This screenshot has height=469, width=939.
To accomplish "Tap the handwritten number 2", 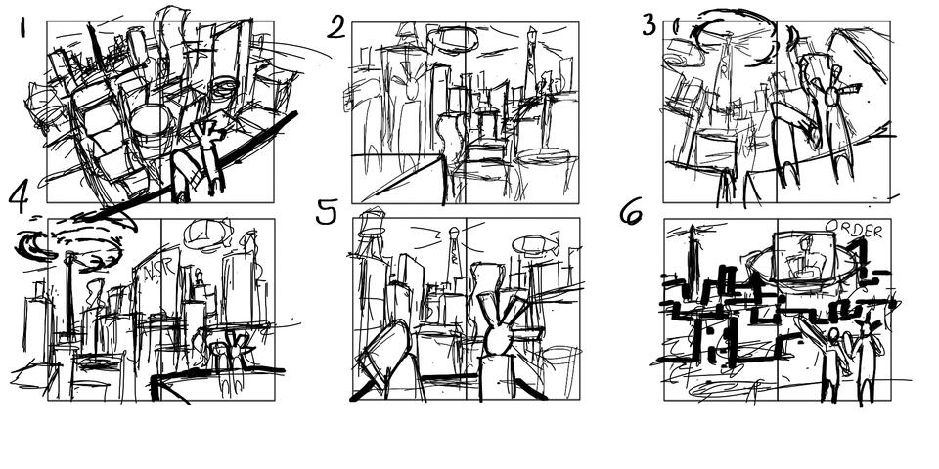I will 336,26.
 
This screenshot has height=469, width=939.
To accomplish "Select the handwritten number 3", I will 648,24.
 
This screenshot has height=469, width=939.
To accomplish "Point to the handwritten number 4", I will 19,197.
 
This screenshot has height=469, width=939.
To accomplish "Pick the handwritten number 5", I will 328,212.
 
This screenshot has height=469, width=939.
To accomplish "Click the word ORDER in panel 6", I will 853,231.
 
